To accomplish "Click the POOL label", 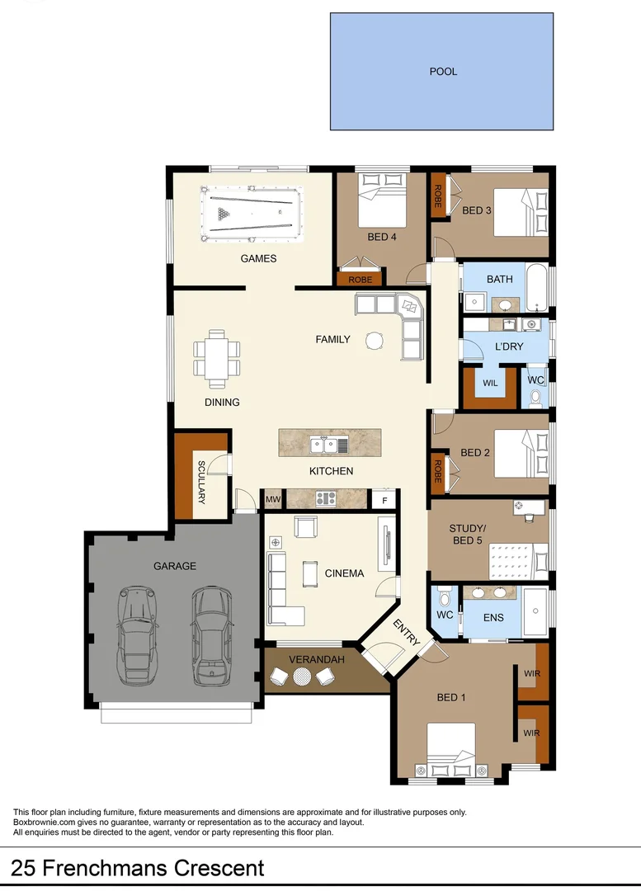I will pos(443,72).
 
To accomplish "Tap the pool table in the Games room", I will pos(252,214).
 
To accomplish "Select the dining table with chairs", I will pos(218,358).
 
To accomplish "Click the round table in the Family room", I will pos(375,340).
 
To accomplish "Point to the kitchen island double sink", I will pos(323,445).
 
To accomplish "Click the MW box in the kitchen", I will pos(273,499).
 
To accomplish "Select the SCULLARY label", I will pos(200,483).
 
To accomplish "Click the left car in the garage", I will pos(138,635).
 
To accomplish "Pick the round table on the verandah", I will pos(303,676).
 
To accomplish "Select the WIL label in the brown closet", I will pos(490,384).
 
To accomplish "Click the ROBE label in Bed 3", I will pos(437,196).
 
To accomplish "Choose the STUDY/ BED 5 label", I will pos(467,534).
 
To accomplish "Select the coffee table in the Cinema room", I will pos(310,571).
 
